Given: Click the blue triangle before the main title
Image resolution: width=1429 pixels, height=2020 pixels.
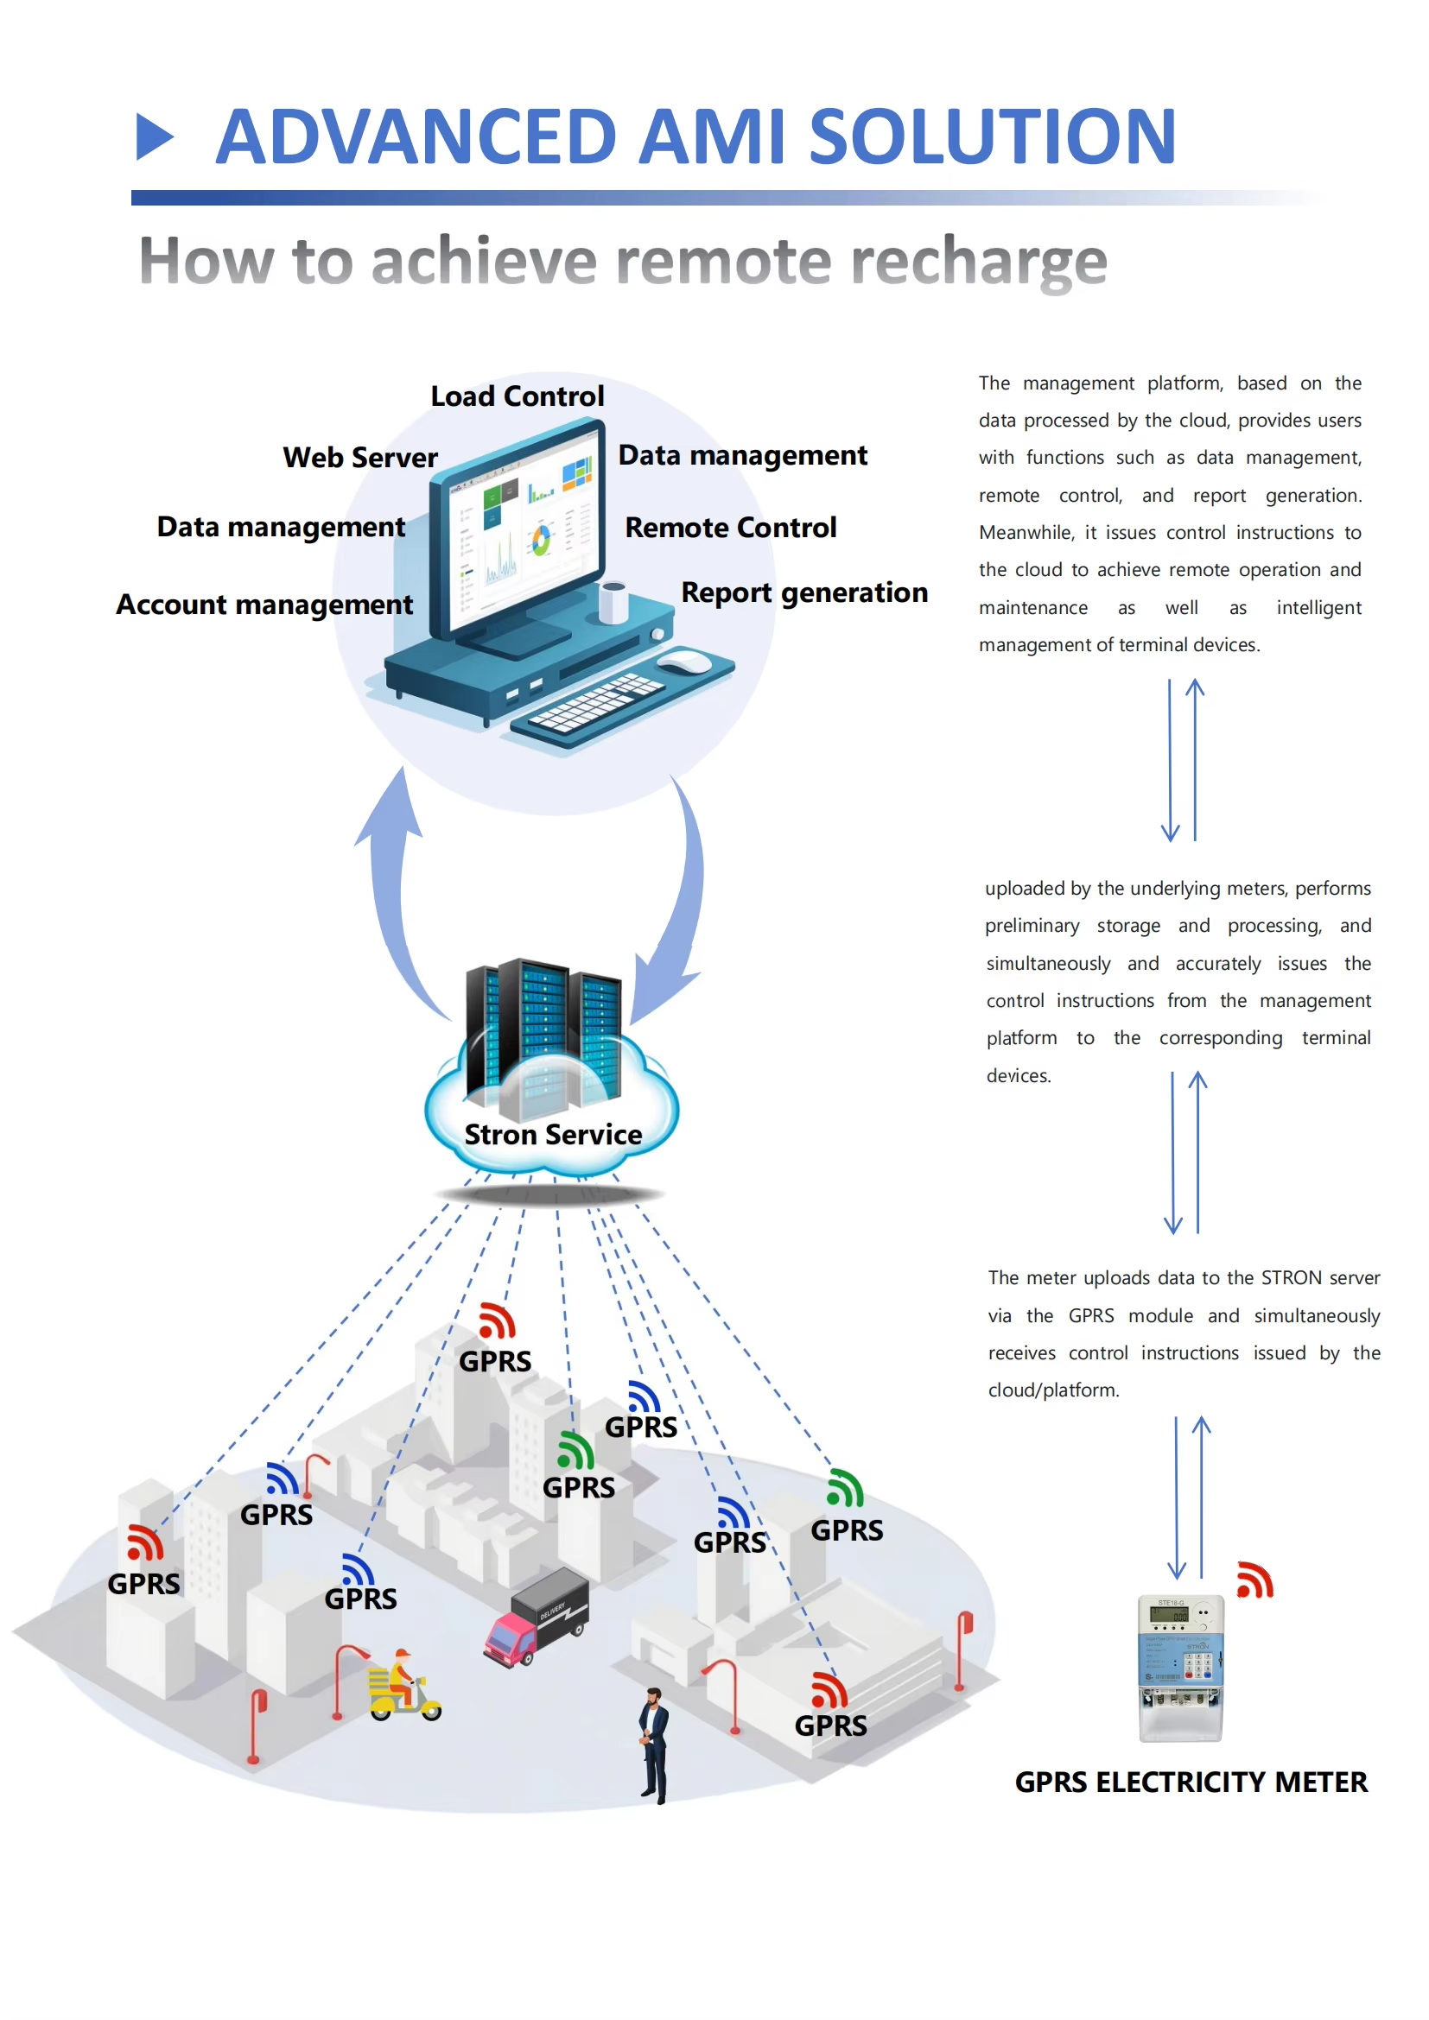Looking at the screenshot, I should pyautogui.click(x=155, y=137).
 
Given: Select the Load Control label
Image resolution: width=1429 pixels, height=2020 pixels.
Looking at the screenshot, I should pyautogui.click(x=517, y=396).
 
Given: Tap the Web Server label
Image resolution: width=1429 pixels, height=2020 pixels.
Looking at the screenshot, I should pyautogui.click(x=360, y=458).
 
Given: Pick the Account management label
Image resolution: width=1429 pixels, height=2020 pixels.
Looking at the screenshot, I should pyautogui.click(x=264, y=605).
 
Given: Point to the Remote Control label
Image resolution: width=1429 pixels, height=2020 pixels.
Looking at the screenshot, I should pyautogui.click(x=730, y=527).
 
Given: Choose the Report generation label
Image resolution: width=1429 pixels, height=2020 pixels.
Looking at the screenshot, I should pyautogui.click(x=804, y=592).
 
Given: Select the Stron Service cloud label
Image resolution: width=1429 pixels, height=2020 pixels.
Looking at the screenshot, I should pyautogui.click(x=553, y=1134).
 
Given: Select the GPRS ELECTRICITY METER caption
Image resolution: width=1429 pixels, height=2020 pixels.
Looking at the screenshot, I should pyautogui.click(x=1191, y=1782).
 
